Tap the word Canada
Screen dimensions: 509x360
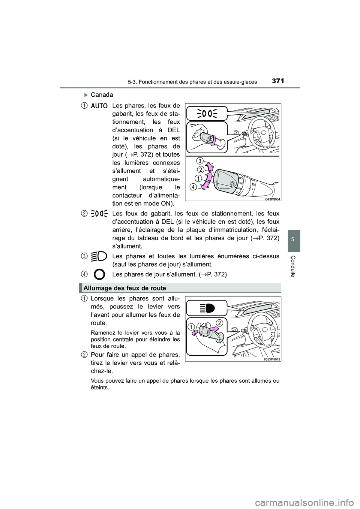[102, 94]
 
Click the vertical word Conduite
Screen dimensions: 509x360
[294, 266]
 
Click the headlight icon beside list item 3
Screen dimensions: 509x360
[99, 256]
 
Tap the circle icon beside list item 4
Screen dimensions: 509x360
[99, 274]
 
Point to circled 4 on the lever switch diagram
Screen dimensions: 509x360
[192, 187]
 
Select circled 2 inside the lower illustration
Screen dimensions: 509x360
[219, 323]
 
